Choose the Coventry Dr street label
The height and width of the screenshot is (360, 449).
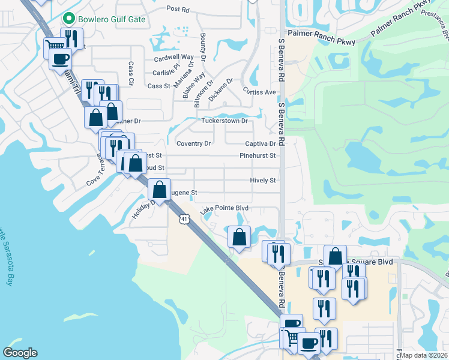tap(193, 143)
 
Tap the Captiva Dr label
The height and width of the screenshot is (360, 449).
tap(260, 143)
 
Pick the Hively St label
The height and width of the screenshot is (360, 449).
tap(262, 180)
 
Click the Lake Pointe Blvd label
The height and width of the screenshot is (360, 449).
tap(224, 208)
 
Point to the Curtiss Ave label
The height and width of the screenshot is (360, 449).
tap(259, 92)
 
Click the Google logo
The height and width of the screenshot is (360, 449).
tap(20, 353)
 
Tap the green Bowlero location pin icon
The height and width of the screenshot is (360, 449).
tap(70, 19)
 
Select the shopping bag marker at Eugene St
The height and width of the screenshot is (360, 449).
tap(159, 190)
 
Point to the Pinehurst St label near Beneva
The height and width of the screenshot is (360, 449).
tap(257, 155)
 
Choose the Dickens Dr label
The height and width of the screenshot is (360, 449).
tap(220, 90)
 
